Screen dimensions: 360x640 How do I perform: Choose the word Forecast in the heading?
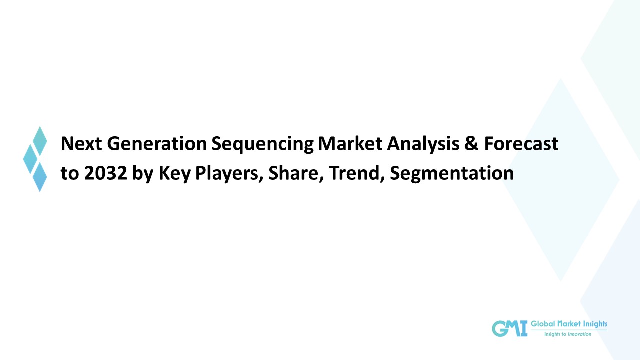521,144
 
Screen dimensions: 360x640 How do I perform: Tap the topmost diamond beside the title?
40,141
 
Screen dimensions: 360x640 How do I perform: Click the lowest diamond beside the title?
40,176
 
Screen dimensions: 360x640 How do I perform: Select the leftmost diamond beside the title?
30,159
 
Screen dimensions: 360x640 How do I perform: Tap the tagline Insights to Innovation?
567,334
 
